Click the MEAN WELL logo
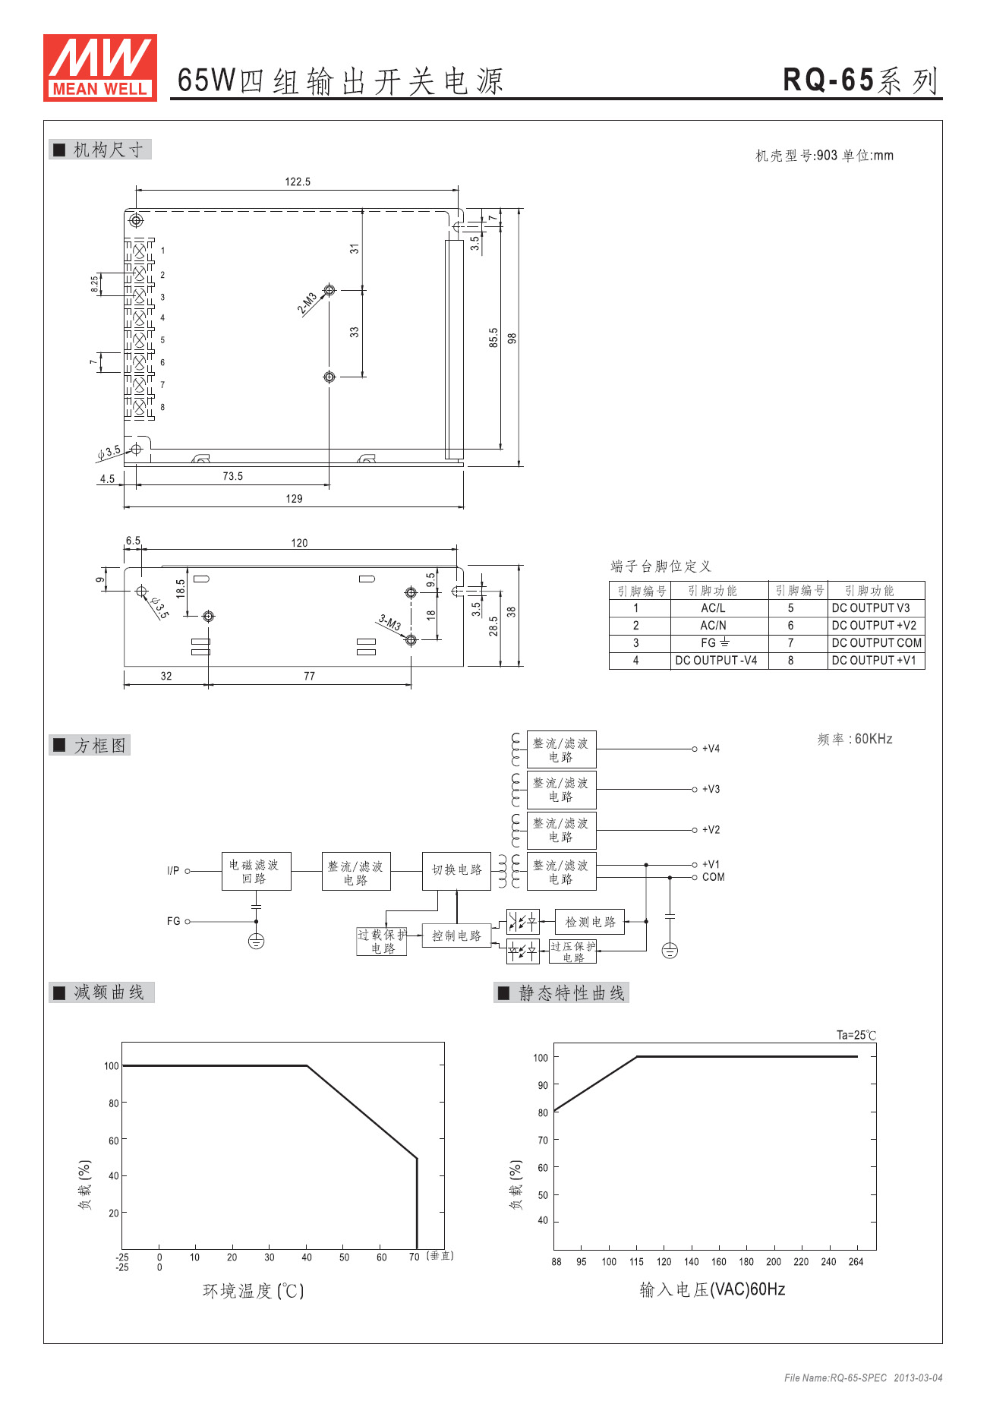coord(99,68)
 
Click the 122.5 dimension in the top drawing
coord(298,181)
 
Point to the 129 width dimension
coord(294,499)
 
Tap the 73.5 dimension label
coord(232,476)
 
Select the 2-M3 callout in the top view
coord(307,303)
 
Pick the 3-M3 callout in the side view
coord(389,623)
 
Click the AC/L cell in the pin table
coord(713,608)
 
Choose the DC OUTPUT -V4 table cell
coord(716,661)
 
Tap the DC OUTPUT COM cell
coord(876,643)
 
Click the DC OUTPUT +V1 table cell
coord(874,661)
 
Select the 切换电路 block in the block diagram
coord(456,870)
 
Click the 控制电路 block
coord(456,935)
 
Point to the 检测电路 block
coord(590,922)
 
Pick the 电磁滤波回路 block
coord(255,872)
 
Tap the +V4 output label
coord(711,749)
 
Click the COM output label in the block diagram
coord(713,877)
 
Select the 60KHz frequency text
coord(873,739)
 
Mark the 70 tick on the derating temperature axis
coord(414,1257)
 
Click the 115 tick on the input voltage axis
coord(636,1262)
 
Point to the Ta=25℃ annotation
coord(856,1035)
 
